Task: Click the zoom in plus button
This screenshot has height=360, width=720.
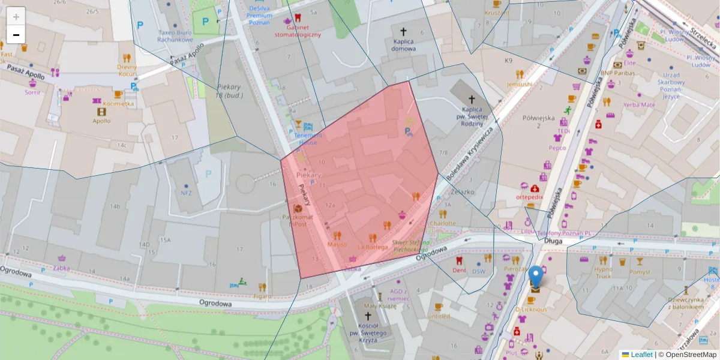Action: coord(16,17)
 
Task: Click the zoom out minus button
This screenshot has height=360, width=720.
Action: coord(16,35)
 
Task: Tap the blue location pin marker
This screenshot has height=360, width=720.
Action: coord(536,277)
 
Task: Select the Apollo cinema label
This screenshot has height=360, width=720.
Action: coord(101,121)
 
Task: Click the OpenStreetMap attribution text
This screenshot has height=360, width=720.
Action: coord(687,355)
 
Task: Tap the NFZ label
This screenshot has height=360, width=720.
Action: coord(185,193)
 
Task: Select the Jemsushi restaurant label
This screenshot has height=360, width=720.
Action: coord(519,84)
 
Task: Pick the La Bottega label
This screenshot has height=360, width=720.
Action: coord(373,247)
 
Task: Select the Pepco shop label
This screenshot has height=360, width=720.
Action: coord(557,147)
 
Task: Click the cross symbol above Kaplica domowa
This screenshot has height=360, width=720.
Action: coord(403,31)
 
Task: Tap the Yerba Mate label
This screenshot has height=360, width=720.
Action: coord(640,104)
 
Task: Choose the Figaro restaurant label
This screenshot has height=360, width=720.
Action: coord(262,296)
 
